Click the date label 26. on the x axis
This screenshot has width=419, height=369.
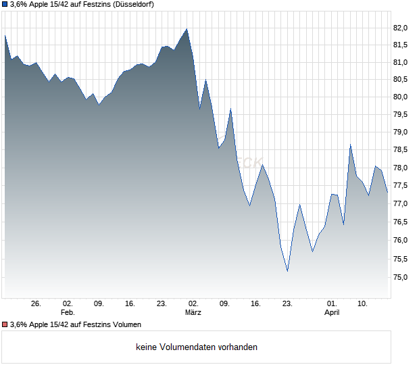[36, 303]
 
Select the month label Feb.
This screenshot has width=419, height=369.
[67, 312]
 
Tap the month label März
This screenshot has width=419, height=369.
[193, 312]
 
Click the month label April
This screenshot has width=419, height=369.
[332, 312]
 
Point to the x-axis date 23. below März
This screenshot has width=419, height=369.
[287, 303]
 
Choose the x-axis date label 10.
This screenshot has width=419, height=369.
[363, 303]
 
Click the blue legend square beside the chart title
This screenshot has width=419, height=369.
[5, 5]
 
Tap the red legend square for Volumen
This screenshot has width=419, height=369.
[5, 324]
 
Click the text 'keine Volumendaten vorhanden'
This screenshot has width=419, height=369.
[197, 347]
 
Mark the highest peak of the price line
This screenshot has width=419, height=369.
[187, 29]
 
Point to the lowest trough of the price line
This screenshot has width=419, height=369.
[287, 271]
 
